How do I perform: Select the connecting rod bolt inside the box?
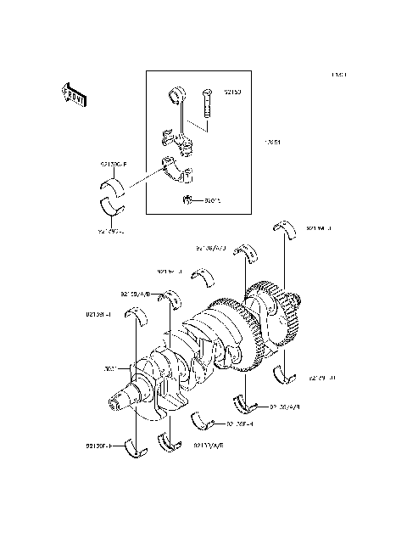207,108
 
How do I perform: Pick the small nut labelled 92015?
188,200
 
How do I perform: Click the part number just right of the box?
272,143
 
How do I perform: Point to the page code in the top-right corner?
338,75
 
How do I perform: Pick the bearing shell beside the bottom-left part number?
133,446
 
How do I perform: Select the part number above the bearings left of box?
112,165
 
